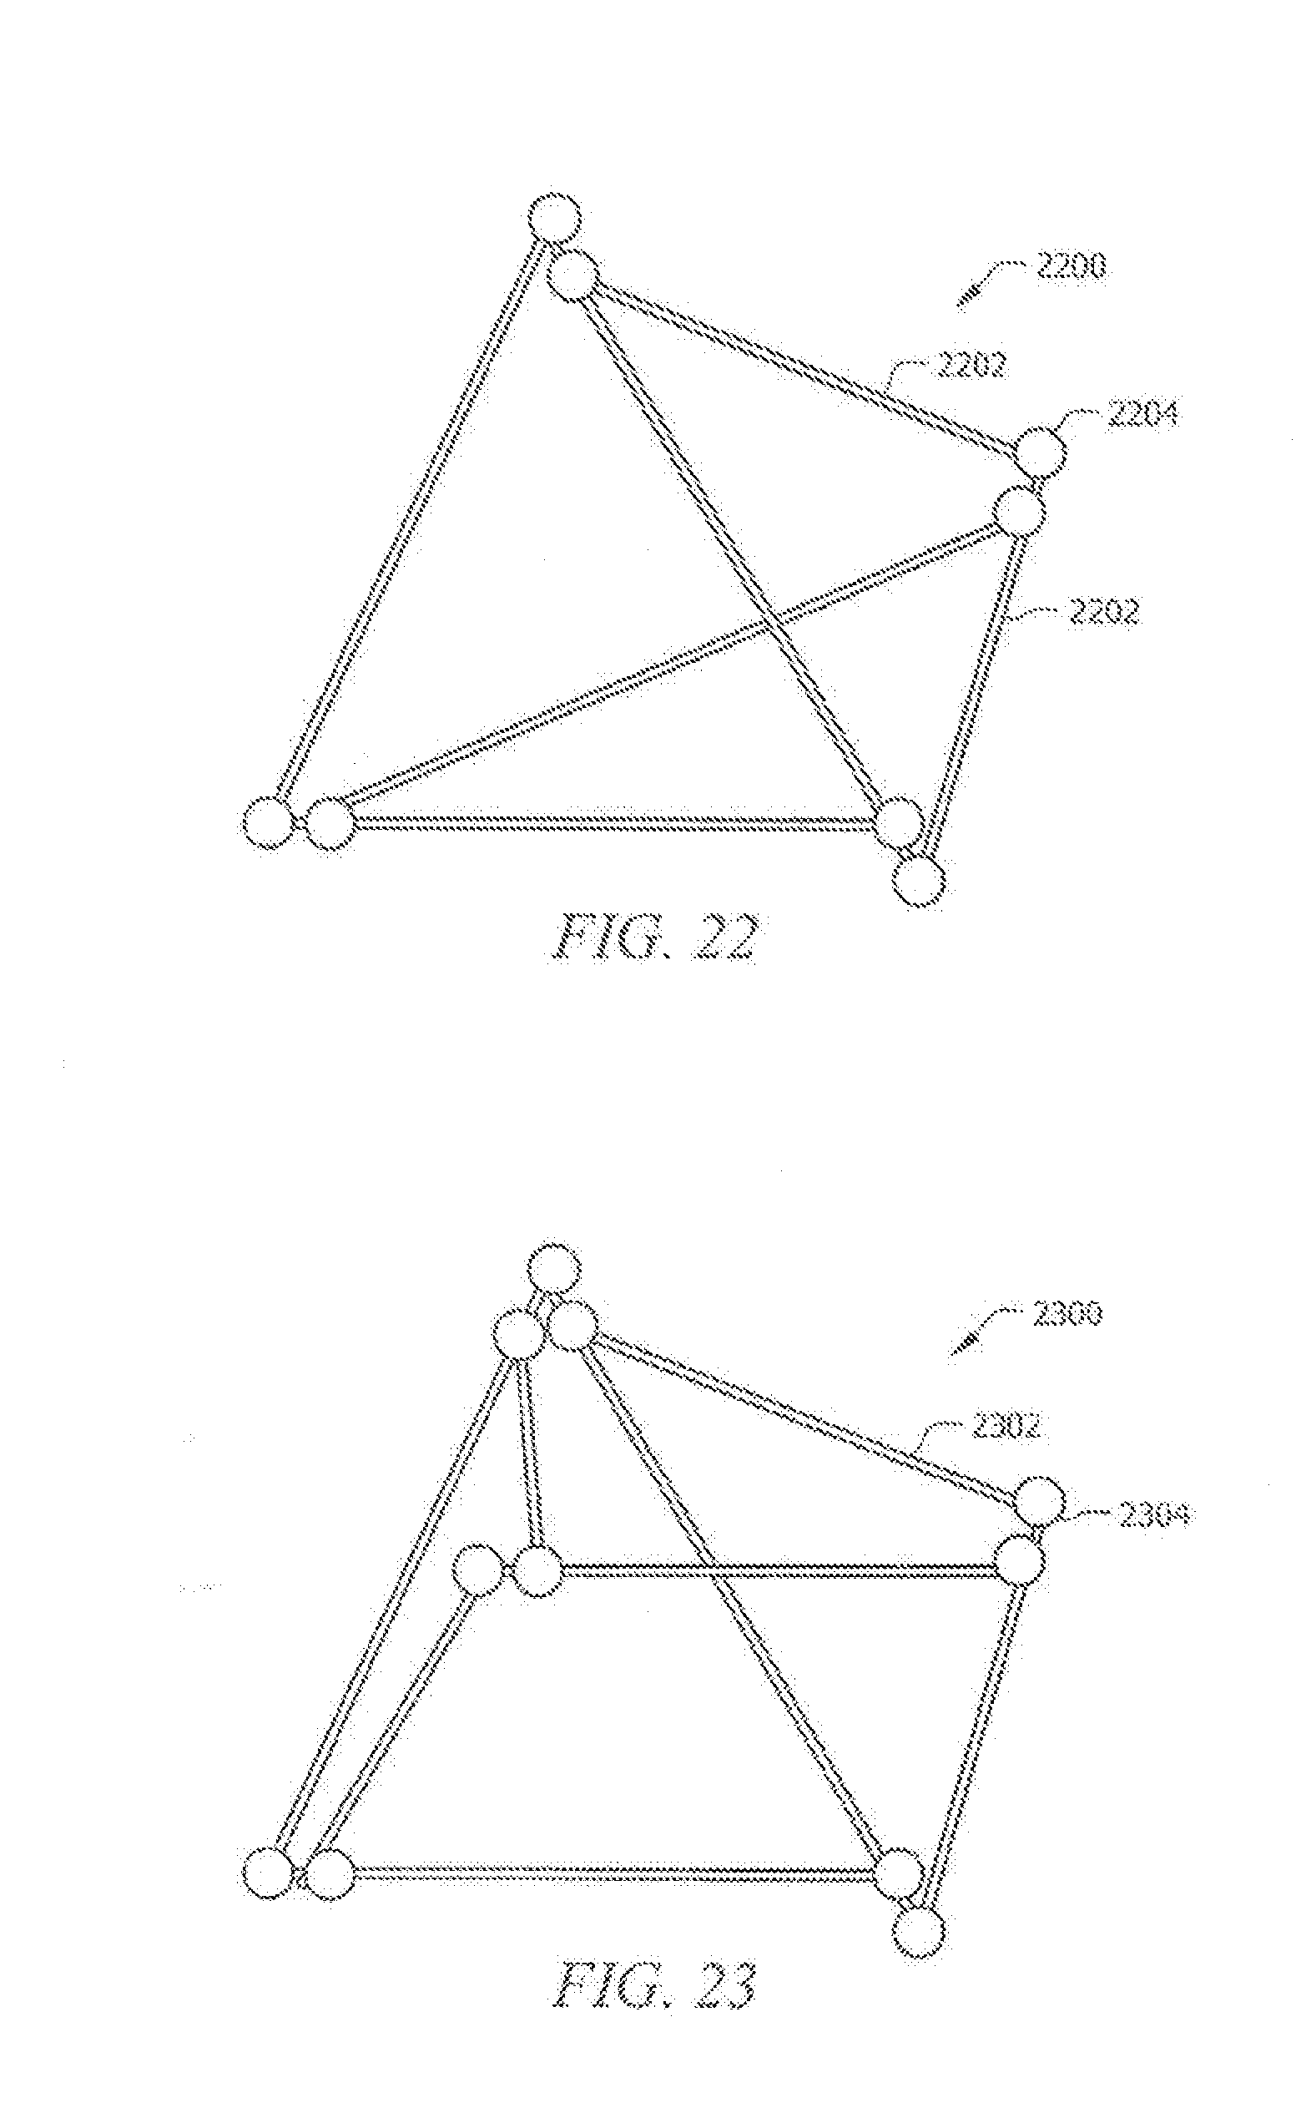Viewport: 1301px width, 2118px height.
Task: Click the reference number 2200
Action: (1072, 269)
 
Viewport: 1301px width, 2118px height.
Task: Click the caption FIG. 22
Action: (653, 940)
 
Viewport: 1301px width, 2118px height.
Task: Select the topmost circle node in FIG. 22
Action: (553, 218)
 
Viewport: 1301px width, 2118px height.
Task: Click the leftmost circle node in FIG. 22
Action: (268, 823)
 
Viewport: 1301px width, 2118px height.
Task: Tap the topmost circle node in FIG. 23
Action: (553, 1270)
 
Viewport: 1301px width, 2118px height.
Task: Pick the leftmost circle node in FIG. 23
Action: (268, 1874)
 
